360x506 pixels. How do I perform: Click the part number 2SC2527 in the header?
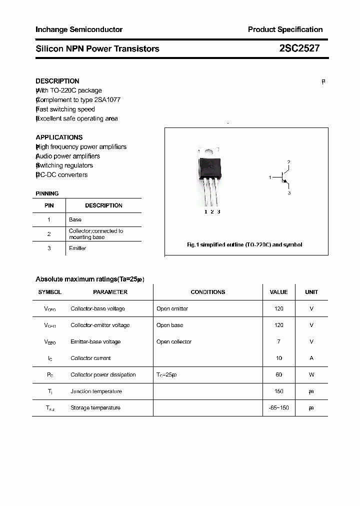[x=299, y=48]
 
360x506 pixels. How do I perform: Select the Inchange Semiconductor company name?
[x=79, y=29]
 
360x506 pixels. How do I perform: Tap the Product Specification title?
[x=285, y=29]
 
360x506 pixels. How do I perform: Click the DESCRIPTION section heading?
[x=57, y=81]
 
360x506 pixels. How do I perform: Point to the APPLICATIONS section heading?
[x=59, y=137]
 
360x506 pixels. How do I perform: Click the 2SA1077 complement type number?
[x=107, y=100]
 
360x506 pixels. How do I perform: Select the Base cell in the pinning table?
[x=75, y=219]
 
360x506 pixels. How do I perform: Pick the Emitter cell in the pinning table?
[x=77, y=248]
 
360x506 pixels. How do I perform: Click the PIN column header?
[x=49, y=205]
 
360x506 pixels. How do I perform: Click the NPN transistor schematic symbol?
[x=283, y=177]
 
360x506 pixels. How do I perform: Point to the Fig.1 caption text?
[x=244, y=244]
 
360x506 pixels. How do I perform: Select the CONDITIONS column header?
[x=208, y=292]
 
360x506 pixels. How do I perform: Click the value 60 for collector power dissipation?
[x=278, y=374]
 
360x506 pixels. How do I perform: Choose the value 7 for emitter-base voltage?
[x=278, y=341]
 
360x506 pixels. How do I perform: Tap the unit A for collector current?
[x=311, y=358]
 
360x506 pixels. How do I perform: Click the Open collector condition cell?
[x=174, y=341]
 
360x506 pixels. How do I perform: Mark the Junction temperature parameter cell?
[x=96, y=391]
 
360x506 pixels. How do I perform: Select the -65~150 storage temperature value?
[x=278, y=407]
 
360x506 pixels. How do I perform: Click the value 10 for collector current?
[x=278, y=358]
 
